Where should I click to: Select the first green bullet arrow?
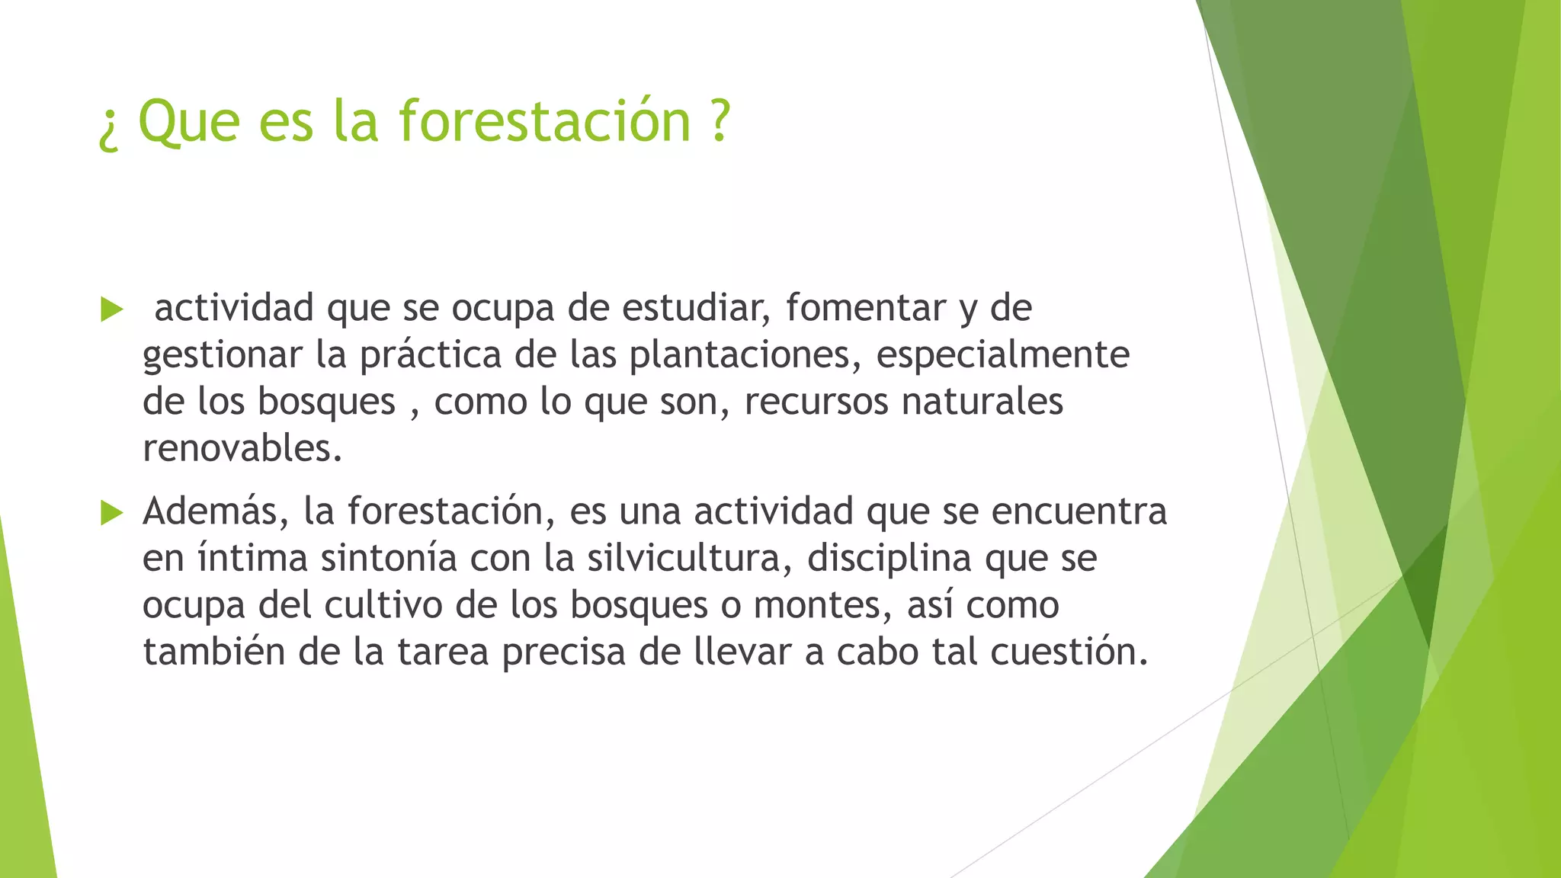click(111, 309)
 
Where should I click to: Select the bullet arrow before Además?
click(111, 513)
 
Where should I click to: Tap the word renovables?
click(242, 448)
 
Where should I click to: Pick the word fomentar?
click(866, 308)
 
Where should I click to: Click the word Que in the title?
click(189, 122)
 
